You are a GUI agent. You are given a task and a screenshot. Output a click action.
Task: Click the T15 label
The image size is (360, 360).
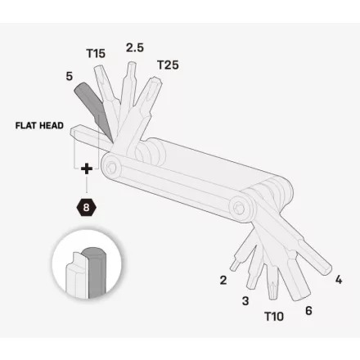coord(96,53)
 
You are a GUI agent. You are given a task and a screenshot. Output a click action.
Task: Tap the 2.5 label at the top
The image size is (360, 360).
coord(135,47)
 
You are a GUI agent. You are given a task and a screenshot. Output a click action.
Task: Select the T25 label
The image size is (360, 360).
coord(168,65)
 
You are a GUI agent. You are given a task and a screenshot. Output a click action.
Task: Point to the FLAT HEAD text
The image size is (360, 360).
coord(39,125)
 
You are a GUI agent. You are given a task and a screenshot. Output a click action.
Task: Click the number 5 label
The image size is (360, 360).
coord(70,76)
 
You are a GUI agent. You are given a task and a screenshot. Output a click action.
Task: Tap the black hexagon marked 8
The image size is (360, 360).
coord(86,208)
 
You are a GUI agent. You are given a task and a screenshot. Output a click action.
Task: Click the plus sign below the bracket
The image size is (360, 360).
coord(87,169)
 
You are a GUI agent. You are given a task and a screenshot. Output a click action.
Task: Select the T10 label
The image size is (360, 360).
coord(274,317)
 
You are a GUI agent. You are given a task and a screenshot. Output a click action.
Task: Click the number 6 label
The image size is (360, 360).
coord(308,311)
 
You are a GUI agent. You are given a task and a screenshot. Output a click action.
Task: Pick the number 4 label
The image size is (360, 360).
coord(339,280)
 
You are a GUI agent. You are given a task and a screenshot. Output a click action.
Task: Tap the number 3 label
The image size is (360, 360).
coord(245,301)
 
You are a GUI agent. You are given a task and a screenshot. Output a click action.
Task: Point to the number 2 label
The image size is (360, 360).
coord(223,280)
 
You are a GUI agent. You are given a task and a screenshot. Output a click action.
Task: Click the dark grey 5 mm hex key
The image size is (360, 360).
coord(94,109)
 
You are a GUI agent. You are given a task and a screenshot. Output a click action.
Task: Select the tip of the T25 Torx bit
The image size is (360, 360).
coord(155,79)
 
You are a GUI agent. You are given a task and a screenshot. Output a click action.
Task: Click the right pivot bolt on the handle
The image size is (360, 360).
coord(240,208)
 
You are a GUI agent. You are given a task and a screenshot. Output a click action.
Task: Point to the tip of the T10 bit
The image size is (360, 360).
coord(272,297)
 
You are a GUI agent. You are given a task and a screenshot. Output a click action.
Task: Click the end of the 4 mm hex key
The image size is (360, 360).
coord(328,269)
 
